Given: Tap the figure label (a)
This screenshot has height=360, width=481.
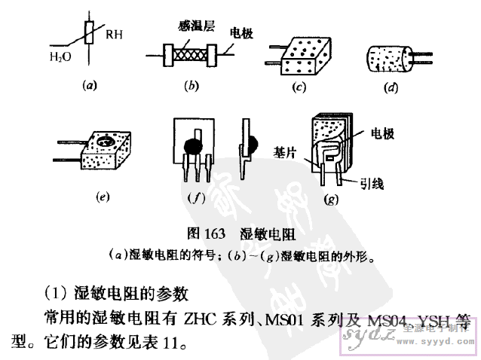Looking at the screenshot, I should (90, 86).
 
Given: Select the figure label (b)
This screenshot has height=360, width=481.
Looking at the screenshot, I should (191, 86).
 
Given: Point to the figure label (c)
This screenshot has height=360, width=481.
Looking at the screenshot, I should (299, 87).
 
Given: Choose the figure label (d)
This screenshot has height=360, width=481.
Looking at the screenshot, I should (391, 88).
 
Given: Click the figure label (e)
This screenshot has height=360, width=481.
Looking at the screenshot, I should (105, 198).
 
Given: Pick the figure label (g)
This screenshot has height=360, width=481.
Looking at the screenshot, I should (330, 200).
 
